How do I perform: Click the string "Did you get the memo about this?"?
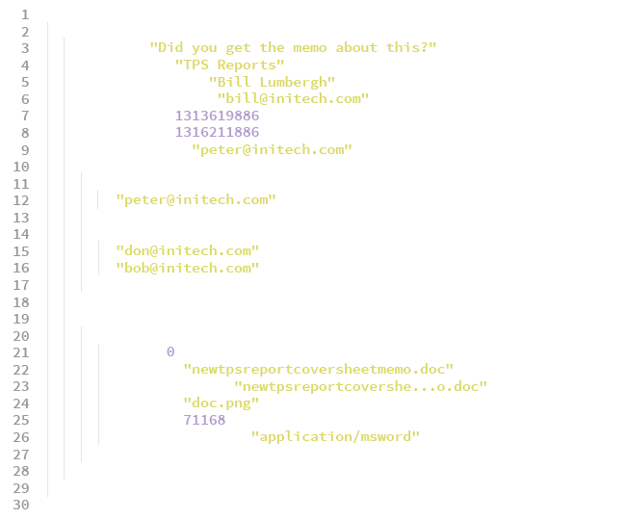pyautogui.click(x=293, y=48)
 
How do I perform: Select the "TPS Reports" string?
pyautogui.click(x=230, y=65)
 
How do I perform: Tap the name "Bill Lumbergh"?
pyautogui.click(x=273, y=82)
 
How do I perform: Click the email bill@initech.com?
pyautogui.click(x=293, y=99)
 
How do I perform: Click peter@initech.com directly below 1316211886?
pyautogui.click(x=272, y=149)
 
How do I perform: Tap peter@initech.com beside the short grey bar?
pyautogui.click(x=196, y=200)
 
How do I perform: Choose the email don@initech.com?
pyautogui.click(x=187, y=250)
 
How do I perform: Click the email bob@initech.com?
pyautogui.click(x=187, y=268)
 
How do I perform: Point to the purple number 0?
pyautogui.click(x=170, y=351)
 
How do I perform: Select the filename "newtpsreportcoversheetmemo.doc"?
pyautogui.click(x=318, y=369)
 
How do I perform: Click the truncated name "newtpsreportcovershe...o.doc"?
pyautogui.click(x=360, y=386)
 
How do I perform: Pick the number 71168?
pyautogui.click(x=204, y=420)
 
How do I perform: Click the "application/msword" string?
pyautogui.click(x=335, y=437)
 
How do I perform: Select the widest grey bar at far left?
pyautogui.click(x=21, y=259)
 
